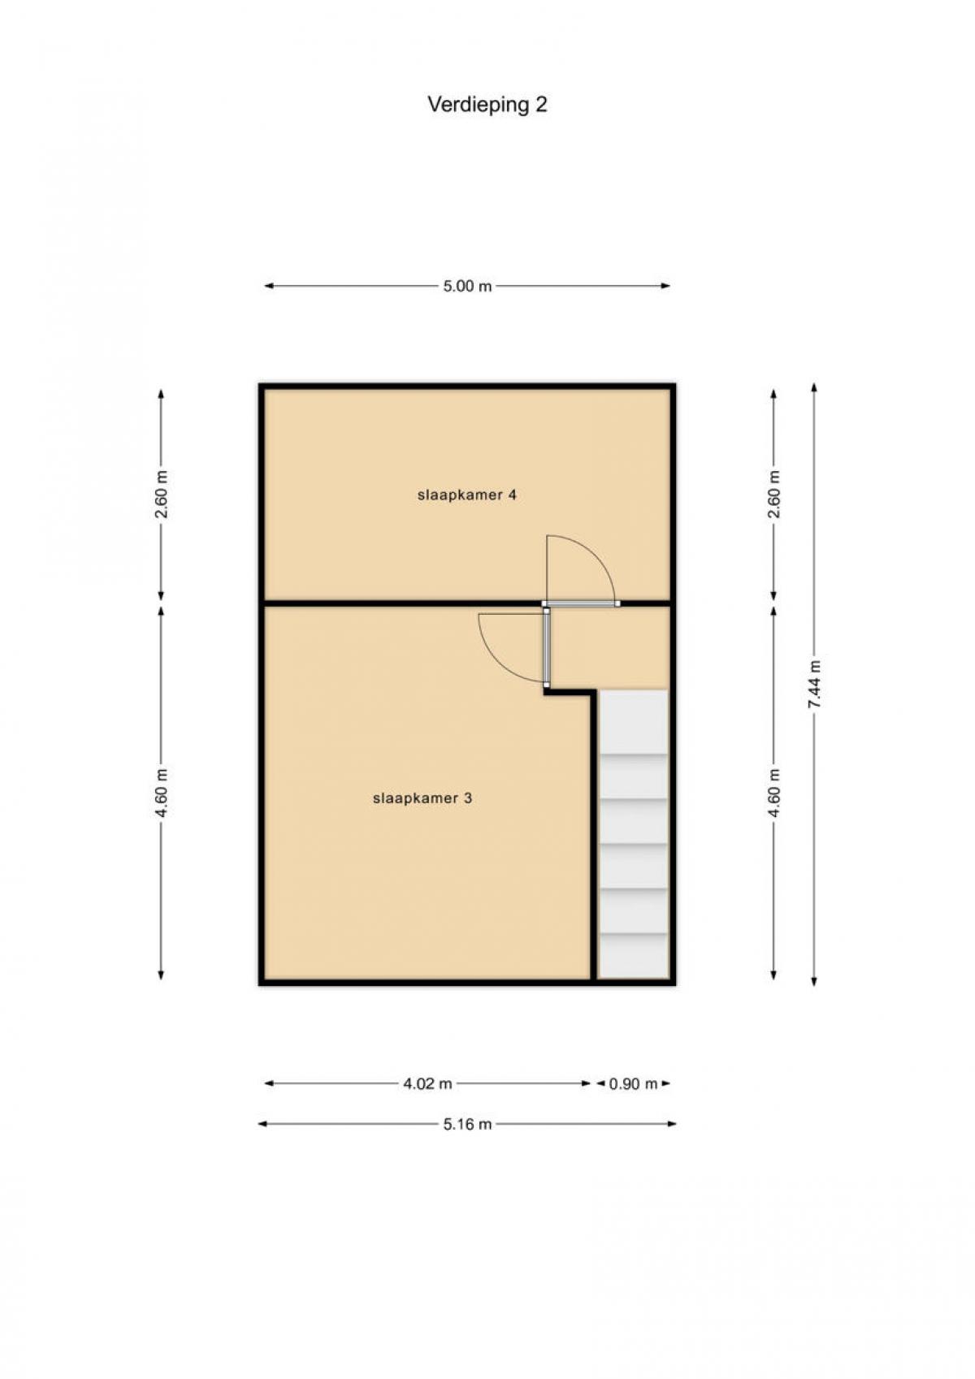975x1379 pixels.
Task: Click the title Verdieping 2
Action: (487, 106)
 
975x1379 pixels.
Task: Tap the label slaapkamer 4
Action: (467, 495)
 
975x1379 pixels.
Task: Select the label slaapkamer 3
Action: (422, 798)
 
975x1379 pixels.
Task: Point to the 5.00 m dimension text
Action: (467, 286)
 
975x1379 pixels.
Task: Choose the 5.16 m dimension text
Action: (467, 1124)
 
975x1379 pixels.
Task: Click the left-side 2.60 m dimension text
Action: (162, 495)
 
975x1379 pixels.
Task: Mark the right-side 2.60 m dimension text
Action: (774, 495)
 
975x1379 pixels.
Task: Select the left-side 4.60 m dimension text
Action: (162, 793)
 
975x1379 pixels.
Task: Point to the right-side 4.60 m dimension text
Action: (774, 793)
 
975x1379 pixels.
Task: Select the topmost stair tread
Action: (634, 723)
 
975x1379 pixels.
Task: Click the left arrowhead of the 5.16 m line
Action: (262, 1124)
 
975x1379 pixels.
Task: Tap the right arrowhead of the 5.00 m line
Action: (665, 286)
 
